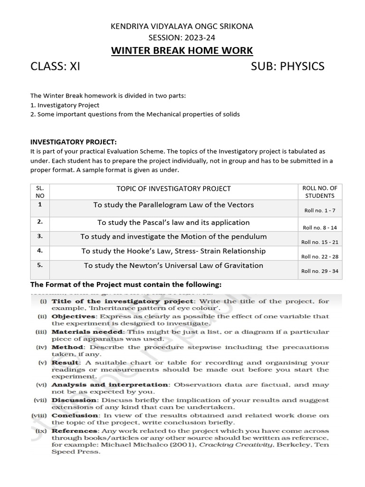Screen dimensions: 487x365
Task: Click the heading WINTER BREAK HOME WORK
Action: [x=182, y=50]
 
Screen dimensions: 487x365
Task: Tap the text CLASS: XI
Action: [x=55, y=67]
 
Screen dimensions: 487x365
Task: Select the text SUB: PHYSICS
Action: [x=288, y=67]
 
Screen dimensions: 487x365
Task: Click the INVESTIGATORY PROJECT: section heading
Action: [x=73, y=142]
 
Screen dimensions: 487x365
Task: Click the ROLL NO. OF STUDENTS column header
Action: [x=320, y=192]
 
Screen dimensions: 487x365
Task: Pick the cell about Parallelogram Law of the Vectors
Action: [x=173, y=205]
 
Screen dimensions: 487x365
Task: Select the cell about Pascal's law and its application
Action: [x=173, y=223]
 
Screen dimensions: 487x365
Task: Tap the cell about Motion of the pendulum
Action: [x=173, y=236]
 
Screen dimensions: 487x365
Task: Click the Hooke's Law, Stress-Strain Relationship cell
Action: [x=173, y=251]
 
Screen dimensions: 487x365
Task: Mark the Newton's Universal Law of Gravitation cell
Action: [x=173, y=265]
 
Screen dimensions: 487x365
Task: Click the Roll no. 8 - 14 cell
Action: [x=320, y=228]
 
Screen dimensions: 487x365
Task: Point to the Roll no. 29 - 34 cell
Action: [x=320, y=271]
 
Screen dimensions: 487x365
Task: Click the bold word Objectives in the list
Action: [x=72, y=316]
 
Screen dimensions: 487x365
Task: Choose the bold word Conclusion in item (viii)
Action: [x=73, y=415]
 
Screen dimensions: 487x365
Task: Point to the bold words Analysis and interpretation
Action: [x=110, y=384]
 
